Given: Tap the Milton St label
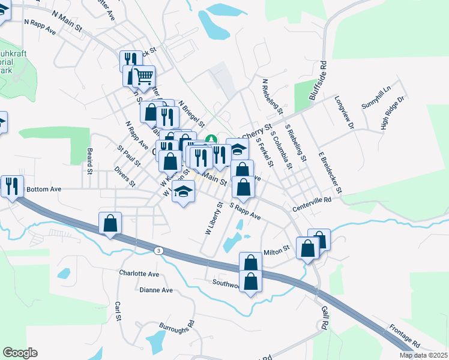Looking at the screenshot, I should point(276,247).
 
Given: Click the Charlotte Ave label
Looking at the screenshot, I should point(139,274).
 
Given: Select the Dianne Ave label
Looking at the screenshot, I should point(155,290).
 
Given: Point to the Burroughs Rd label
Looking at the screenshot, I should point(177,334).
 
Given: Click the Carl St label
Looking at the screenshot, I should point(118,311).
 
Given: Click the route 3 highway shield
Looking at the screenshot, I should point(158,250).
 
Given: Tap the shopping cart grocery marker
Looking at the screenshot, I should point(143,76).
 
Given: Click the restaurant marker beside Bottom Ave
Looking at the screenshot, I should point(11,186).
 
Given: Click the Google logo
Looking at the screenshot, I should point(20,353).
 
